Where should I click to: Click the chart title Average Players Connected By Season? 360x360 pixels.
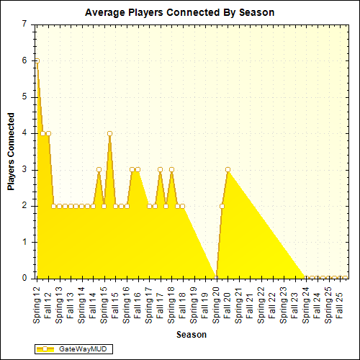tap(179, 12)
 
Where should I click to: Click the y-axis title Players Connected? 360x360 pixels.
tap(11, 151)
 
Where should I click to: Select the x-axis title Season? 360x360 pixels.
tap(192, 335)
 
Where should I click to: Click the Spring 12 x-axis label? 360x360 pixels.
tap(37, 303)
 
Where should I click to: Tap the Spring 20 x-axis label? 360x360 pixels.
tap(216, 303)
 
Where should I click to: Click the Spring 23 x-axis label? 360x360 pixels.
tap(284, 303)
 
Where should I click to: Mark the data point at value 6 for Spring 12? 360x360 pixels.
tap(37, 60)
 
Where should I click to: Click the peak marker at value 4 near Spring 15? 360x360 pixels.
tap(109, 133)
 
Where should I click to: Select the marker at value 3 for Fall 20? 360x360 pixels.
tap(228, 169)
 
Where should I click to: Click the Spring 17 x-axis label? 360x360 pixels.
tap(149, 303)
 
